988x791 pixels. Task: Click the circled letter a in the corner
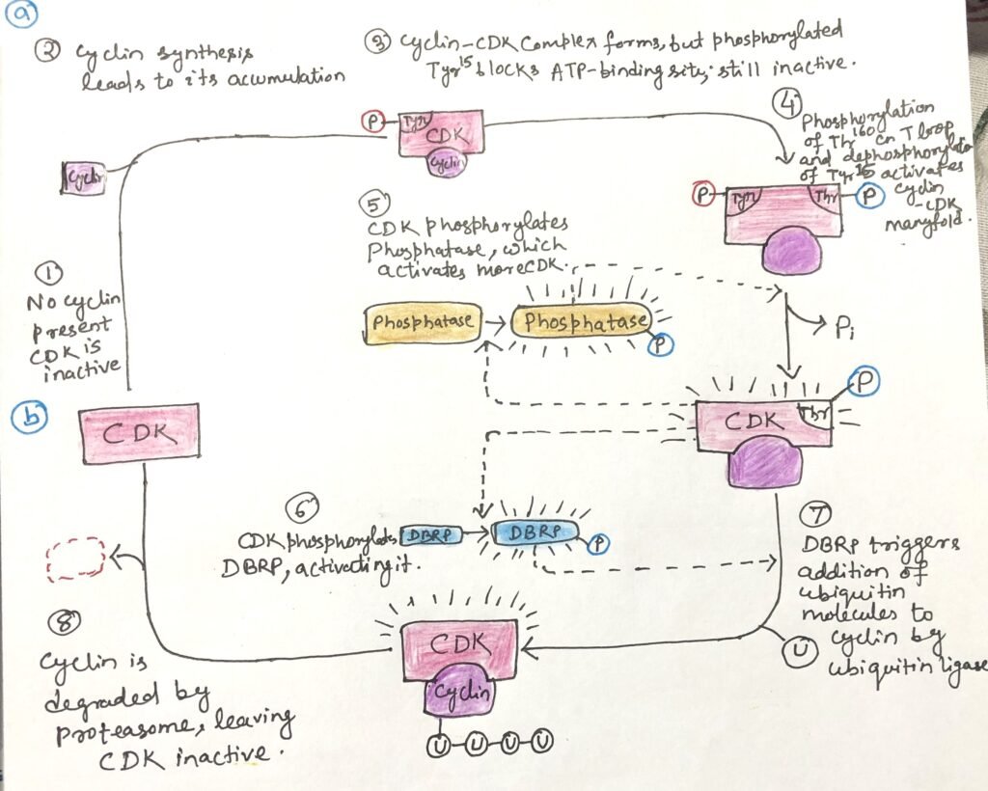point(21,15)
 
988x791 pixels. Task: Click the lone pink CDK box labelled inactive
point(139,434)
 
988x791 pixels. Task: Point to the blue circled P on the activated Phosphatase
point(661,344)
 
